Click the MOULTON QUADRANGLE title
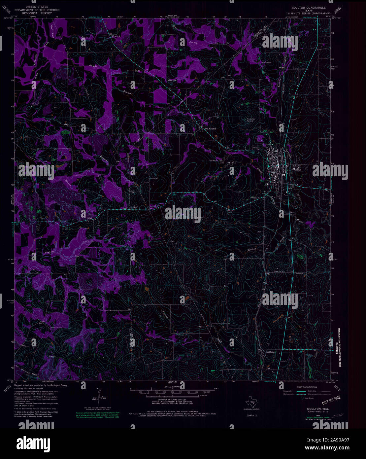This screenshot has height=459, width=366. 303,7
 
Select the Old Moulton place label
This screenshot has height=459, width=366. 211,129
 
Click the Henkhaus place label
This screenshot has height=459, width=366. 271,352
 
